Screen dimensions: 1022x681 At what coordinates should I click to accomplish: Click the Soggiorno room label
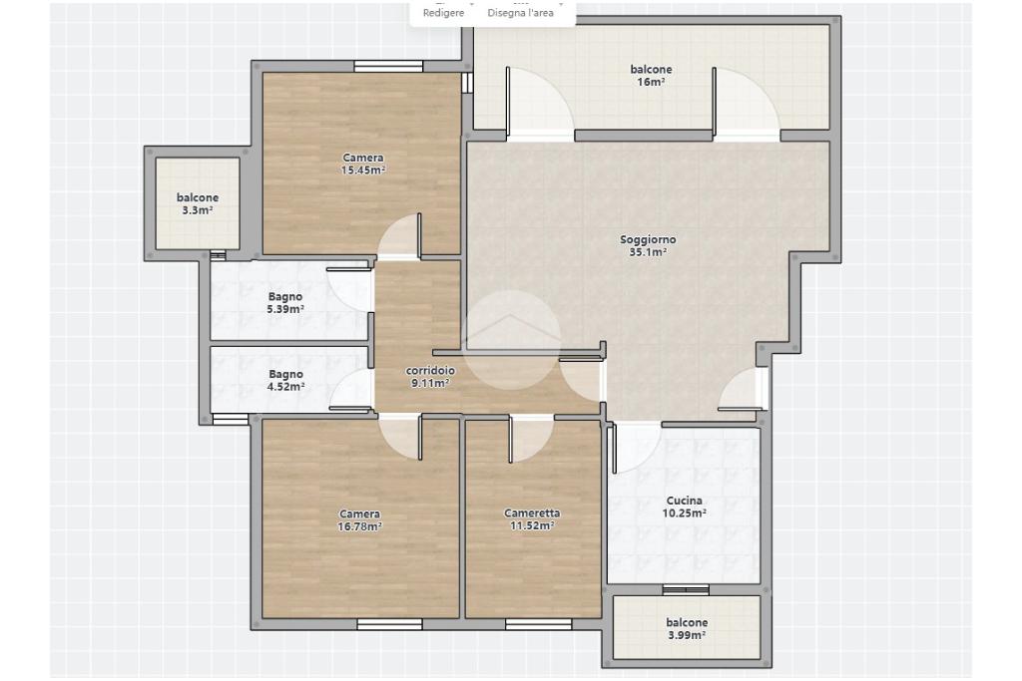coord(648,239)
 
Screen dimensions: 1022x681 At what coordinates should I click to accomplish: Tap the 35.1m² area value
coord(648,252)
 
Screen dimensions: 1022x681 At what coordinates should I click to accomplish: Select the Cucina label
coord(685,501)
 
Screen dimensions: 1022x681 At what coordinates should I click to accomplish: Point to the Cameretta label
coord(532,513)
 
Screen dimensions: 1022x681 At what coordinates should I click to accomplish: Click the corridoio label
coord(430,371)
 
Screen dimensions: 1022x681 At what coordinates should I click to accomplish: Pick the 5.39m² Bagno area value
coord(285,309)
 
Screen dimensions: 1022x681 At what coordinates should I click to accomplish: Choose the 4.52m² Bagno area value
coord(285,387)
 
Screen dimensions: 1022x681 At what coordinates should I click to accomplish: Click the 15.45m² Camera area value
coord(363,170)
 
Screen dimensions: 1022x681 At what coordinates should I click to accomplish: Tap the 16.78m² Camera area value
coord(359,526)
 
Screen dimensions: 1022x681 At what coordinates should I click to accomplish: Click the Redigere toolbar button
coord(444,13)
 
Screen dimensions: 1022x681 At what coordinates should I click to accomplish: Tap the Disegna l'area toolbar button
coord(520,13)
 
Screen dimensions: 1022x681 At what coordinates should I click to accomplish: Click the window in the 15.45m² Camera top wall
coord(388,66)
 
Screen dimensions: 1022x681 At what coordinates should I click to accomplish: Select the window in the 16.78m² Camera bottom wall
coord(390,624)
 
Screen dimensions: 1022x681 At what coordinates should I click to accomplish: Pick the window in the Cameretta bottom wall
coord(538,624)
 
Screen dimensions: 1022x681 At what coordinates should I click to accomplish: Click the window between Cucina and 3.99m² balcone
coord(686,590)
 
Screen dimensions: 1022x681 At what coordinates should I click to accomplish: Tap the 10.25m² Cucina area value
coord(685,513)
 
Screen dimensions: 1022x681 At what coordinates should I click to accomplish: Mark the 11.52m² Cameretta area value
coord(532,526)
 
